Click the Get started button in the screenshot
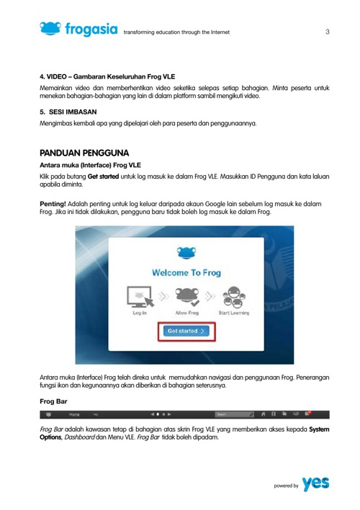pyautogui.click(x=186, y=331)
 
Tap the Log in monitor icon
pyautogui.click(x=140, y=297)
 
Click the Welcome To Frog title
pyautogui.click(x=186, y=273)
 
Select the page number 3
pyautogui.click(x=328, y=32)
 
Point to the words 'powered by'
pyautogui.click(x=286, y=487)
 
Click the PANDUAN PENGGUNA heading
pyautogui.click(x=84, y=153)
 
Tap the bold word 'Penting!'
pyautogui.click(x=53, y=205)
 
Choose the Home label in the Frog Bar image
pyautogui.click(x=74, y=415)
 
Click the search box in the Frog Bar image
pyautogui.click(x=235, y=415)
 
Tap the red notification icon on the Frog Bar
pyautogui.click(x=309, y=415)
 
